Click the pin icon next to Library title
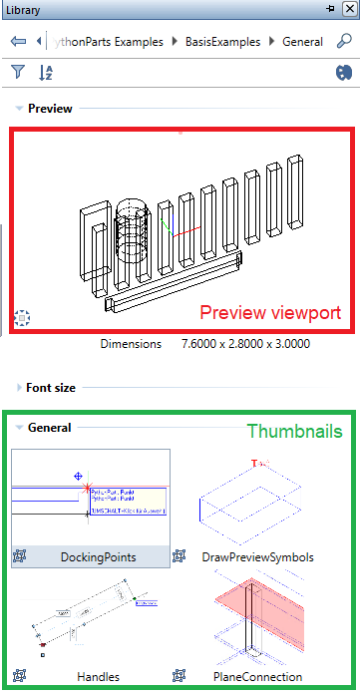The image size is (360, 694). [330, 8]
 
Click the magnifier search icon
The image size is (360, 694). [344, 42]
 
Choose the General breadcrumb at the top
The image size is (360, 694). [302, 42]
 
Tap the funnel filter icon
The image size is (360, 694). [18, 72]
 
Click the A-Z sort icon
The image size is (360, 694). [46, 72]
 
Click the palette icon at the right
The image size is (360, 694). [344, 72]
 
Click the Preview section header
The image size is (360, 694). [49, 108]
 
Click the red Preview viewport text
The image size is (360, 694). [270, 312]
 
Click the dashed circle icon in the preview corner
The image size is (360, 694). [24, 318]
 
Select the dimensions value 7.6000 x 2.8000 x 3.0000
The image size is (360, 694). [244, 344]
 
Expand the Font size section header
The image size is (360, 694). [51, 387]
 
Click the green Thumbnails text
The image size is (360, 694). [294, 431]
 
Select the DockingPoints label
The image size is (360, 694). [97, 556]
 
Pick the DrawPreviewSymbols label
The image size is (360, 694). [257, 556]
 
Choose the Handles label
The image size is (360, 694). [98, 676]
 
